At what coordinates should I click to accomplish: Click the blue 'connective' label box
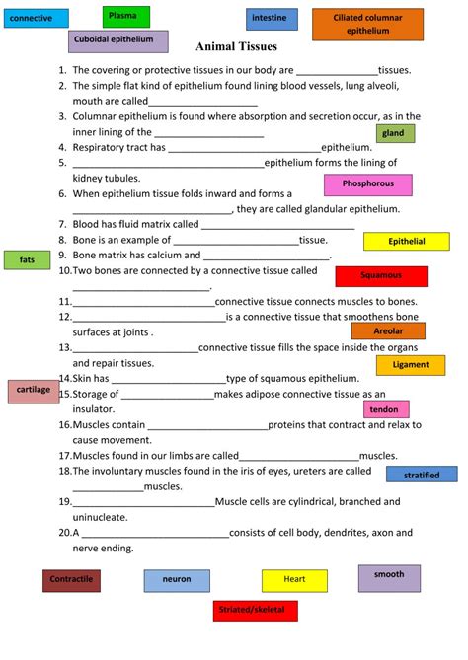[x=37, y=18]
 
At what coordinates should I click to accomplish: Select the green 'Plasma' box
[x=125, y=16]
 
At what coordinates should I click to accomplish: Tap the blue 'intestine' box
[x=272, y=19]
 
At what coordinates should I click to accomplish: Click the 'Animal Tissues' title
[x=237, y=46]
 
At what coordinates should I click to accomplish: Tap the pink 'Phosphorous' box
[x=368, y=184]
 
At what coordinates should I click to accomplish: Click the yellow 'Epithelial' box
[x=406, y=241]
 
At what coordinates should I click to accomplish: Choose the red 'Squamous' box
[x=381, y=276]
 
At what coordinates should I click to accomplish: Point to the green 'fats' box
[x=28, y=259]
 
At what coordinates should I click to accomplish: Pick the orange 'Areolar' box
[x=388, y=331]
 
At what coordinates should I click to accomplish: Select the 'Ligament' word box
[x=410, y=365]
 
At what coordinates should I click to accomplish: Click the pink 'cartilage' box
[x=35, y=391]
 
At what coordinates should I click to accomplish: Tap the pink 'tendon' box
[x=385, y=409]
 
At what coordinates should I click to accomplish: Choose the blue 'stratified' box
[x=422, y=475]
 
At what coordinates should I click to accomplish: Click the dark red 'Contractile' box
[x=71, y=580]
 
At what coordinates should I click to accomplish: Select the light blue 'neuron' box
[x=177, y=580]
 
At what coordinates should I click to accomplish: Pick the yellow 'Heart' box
[x=294, y=580]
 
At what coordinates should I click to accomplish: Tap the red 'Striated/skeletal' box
[x=254, y=611]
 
